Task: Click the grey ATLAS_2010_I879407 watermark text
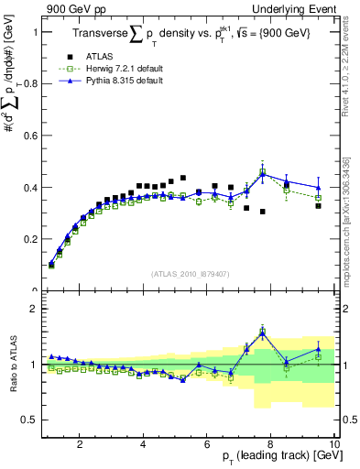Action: pos(189,275)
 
